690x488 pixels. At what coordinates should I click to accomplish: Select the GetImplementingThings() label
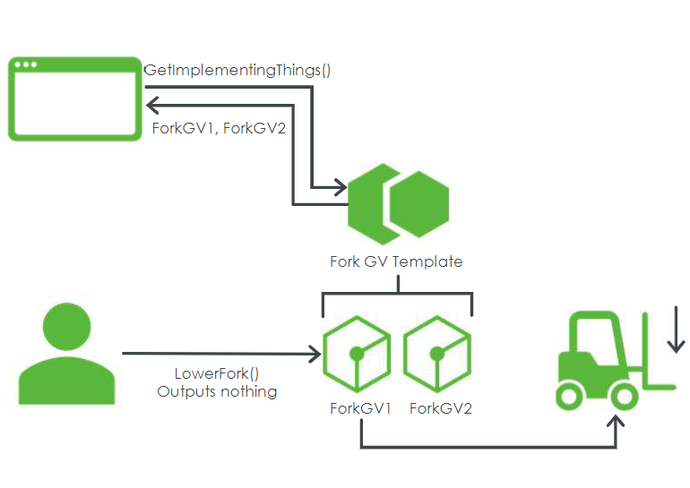pos(237,70)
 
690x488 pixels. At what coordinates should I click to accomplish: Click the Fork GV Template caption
pos(396,262)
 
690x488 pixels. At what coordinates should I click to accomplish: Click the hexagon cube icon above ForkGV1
pos(357,353)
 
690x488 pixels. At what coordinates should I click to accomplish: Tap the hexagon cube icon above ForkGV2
pos(438,353)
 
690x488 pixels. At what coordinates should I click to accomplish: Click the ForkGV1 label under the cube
pos(360,409)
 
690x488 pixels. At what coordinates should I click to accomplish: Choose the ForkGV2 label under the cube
pos(441,409)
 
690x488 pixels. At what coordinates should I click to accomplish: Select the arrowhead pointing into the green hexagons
pos(341,187)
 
